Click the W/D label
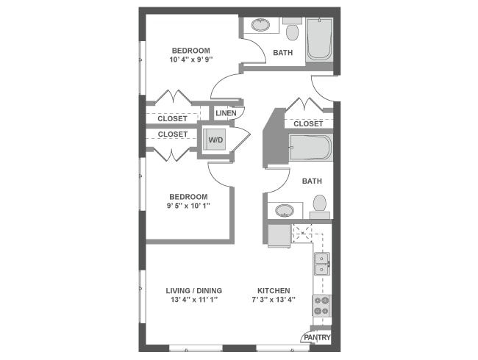215,140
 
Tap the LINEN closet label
226,113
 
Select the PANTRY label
316,339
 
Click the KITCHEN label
274,291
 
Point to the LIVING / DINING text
194,291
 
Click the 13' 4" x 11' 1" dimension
194,300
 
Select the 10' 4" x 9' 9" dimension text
191,60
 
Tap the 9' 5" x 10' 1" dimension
189,206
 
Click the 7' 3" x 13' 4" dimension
274,300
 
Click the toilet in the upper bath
291,32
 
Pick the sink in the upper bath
261,25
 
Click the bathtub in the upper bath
320,40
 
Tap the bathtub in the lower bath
310,147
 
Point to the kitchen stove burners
321,305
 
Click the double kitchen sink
322,264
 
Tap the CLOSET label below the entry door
308,124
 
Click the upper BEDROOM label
191,51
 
